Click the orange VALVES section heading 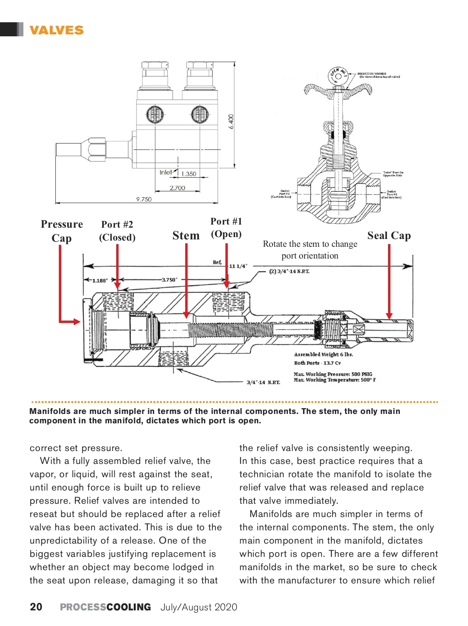click(57, 30)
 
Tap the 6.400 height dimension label click(231, 121)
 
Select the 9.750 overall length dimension click(144, 199)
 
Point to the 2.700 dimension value click(177, 188)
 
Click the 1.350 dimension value click(189, 174)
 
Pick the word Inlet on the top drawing click(166, 172)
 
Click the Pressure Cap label click(62, 231)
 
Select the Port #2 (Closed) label click(117, 231)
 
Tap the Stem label click(186, 235)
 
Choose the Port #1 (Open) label click(226, 228)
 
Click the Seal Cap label click(389, 235)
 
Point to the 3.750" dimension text click(169, 280)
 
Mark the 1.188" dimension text click(100, 280)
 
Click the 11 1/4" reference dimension click(238, 266)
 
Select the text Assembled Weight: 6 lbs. click(323, 355)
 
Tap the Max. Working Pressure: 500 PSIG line click(333, 374)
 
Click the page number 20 click(36, 607)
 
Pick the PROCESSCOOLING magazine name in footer click(105, 607)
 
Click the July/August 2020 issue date click(199, 607)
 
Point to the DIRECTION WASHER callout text click(372, 73)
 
